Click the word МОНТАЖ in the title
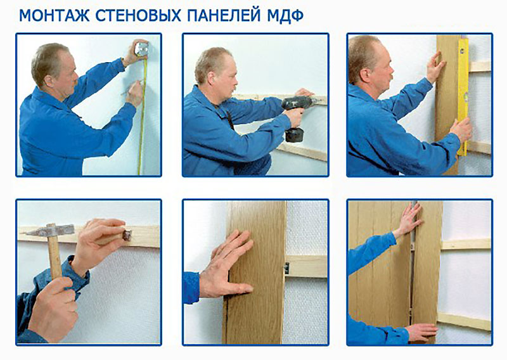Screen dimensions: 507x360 (55, 15)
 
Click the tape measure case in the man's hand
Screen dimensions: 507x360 (141, 49)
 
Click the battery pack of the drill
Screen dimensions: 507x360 (294, 134)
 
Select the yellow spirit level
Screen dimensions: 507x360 (463, 96)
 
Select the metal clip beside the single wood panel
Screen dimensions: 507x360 (286, 268)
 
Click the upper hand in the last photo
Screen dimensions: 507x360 (409, 219)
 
